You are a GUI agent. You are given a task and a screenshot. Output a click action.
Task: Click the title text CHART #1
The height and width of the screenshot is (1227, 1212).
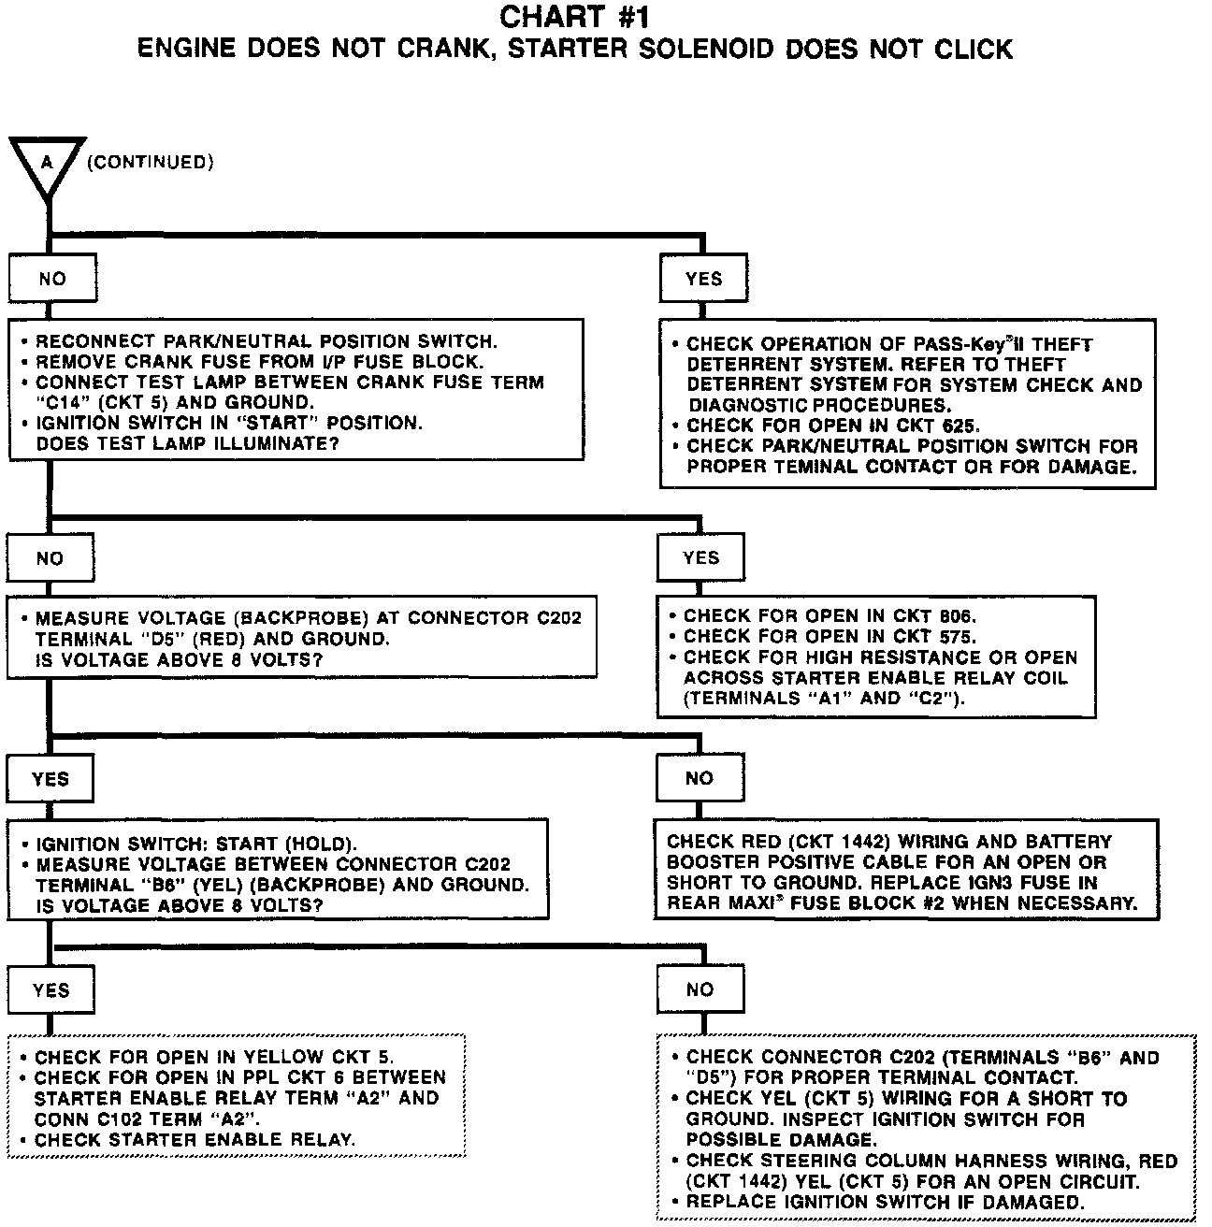click(574, 17)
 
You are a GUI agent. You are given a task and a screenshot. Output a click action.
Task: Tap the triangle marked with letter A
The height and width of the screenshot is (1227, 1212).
click(47, 165)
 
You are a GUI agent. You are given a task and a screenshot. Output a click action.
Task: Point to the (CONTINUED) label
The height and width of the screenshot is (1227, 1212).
click(150, 163)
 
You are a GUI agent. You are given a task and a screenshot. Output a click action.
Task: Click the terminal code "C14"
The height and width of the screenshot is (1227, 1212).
click(63, 403)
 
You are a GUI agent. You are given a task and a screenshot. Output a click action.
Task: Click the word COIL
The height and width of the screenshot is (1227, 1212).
click(1045, 678)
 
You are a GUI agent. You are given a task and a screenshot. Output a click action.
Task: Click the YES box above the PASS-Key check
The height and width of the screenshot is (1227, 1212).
click(703, 279)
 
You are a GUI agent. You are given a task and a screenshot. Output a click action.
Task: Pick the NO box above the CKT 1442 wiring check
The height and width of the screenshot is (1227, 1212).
click(700, 778)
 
